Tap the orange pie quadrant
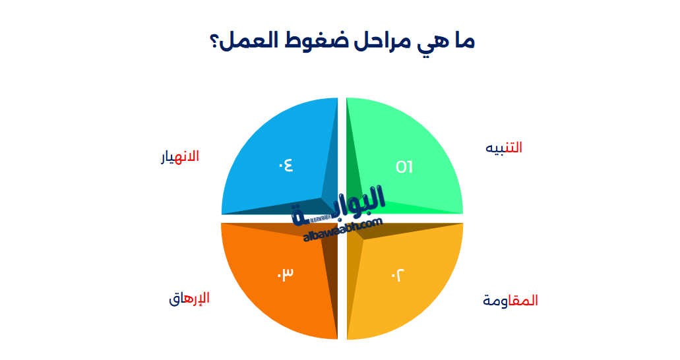[270, 290]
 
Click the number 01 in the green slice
[404, 167]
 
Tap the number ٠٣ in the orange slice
[285, 273]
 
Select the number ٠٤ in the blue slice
[285, 165]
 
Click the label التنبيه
[503, 148]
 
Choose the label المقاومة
[510, 301]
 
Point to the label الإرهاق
[189, 298]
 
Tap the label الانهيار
[180, 157]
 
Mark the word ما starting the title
[463, 41]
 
